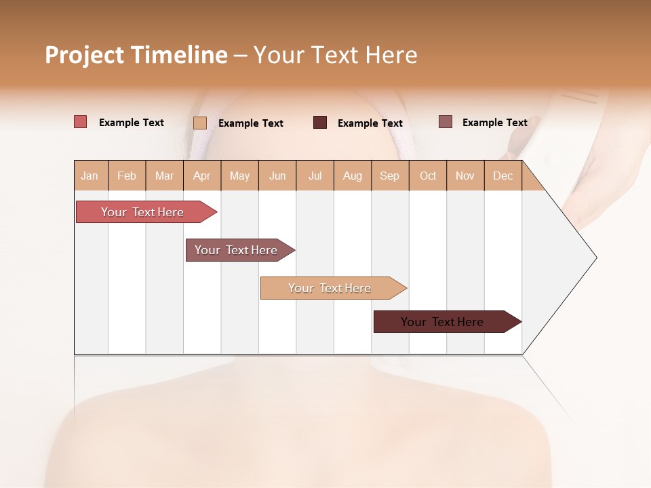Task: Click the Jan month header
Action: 90,176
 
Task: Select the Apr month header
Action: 201,176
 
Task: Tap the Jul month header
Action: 315,176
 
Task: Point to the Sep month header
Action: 389,176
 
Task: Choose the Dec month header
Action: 502,176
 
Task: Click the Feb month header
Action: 127,176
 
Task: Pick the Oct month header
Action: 428,176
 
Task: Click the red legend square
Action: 80,122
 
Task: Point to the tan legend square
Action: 199,123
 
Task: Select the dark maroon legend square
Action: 319,123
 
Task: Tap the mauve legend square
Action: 445,122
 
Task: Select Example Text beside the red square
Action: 132,123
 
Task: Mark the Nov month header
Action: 465,176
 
